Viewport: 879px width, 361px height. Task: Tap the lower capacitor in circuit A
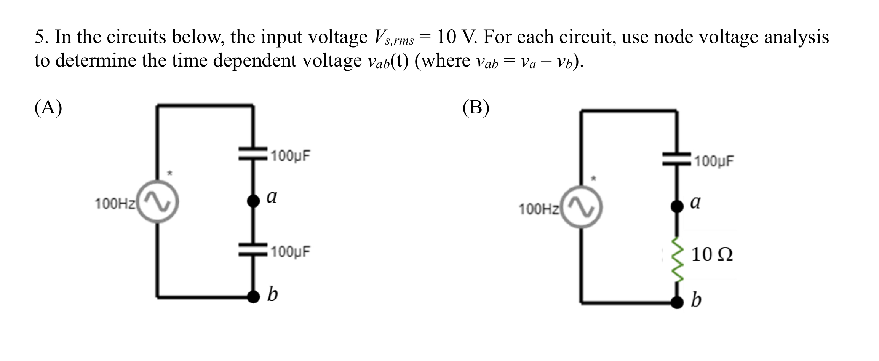(253, 249)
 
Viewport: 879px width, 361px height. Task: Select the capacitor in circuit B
(676, 159)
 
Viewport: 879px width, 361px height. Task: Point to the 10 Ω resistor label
(711, 254)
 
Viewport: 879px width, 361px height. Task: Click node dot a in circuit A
(253, 200)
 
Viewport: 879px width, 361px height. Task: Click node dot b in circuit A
(253, 296)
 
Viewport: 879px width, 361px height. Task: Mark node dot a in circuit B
(676, 206)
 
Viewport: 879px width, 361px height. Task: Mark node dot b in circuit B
(676, 302)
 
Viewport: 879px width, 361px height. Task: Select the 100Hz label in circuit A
(115, 204)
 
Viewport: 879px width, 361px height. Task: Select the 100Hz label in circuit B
(539, 209)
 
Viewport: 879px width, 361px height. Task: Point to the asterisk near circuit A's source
(170, 174)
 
